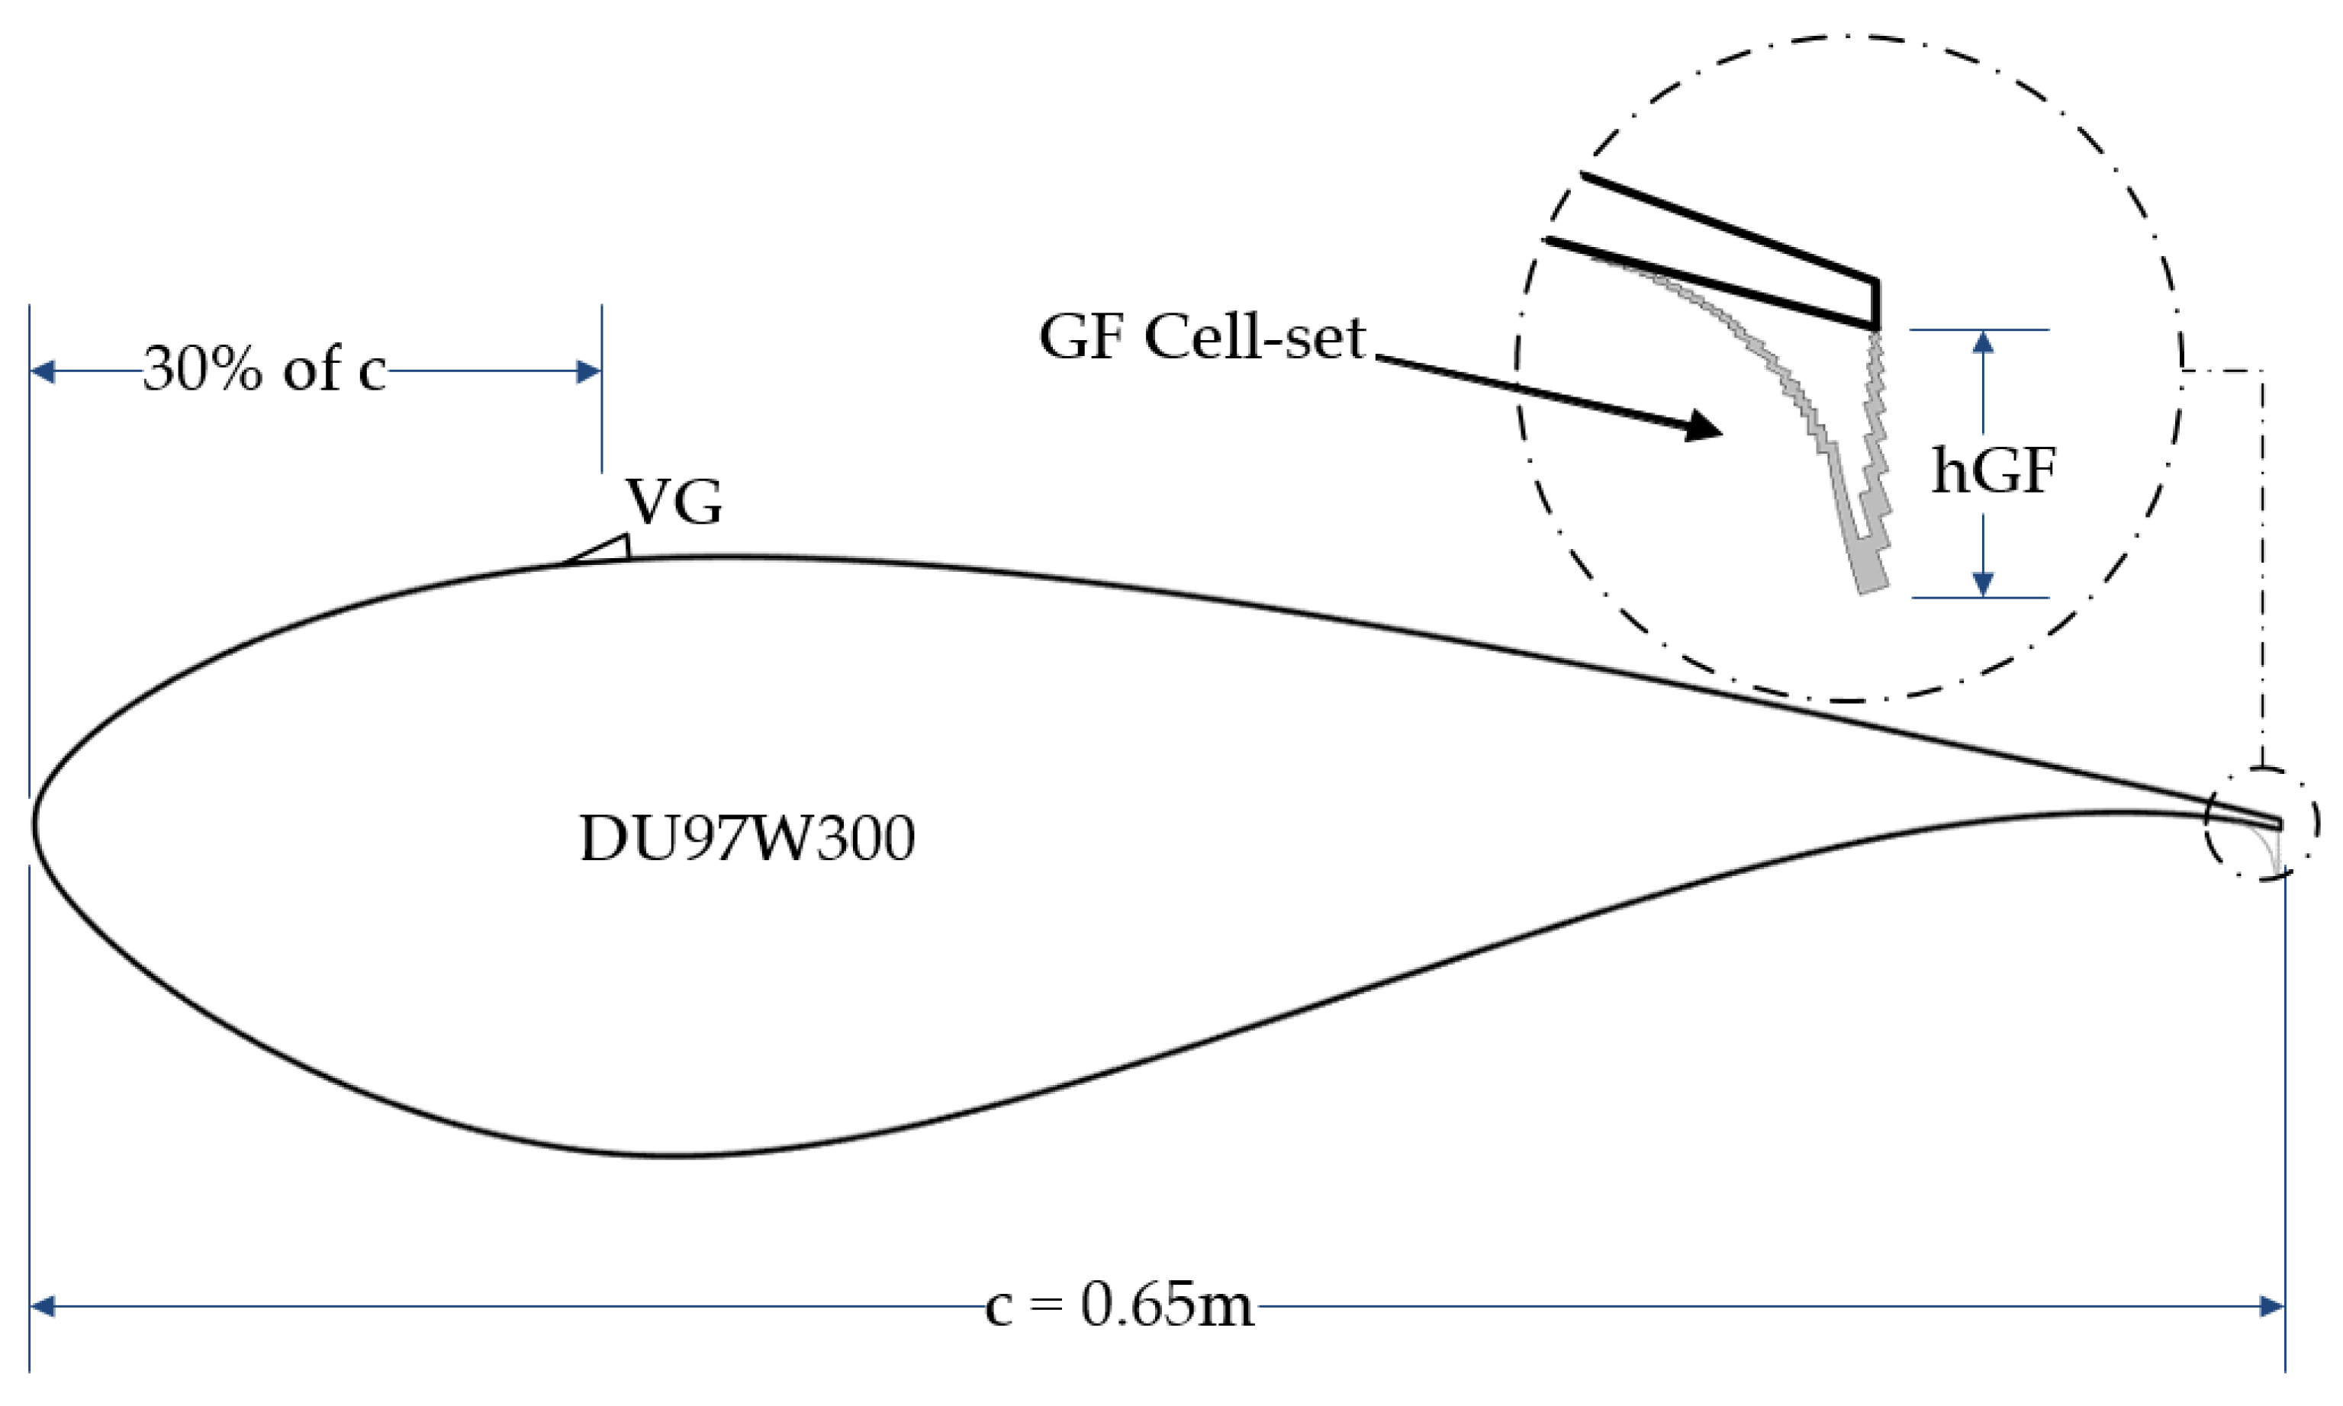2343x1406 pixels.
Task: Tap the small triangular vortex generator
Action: click(607, 551)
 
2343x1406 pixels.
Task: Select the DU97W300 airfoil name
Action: click(747, 839)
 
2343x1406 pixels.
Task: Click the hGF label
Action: click(1994, 471)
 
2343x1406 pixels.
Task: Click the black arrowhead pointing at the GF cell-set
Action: click(1701, 429)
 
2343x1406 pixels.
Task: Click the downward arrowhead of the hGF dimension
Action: click(1983, 585)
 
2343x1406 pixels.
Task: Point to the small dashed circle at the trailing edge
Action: click(2261, 823)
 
